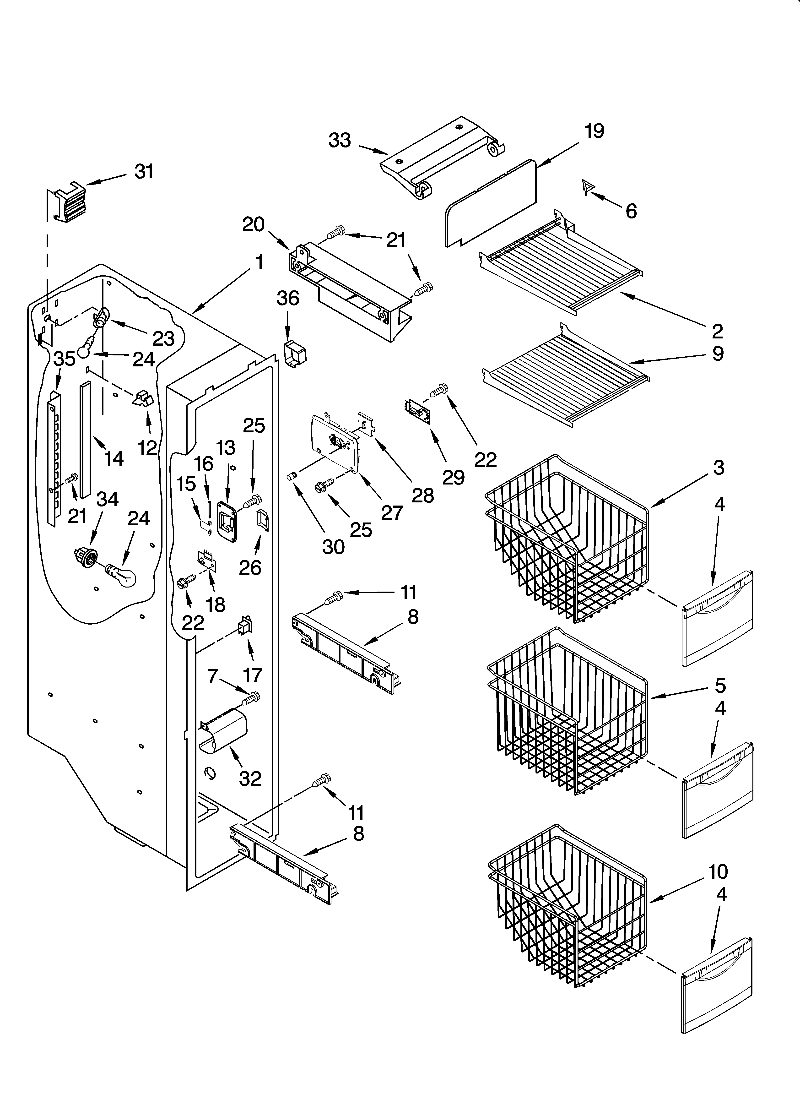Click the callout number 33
(x=340, y=140)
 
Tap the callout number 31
(x=144, y=172)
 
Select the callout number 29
(x=453, y=478)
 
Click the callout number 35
(x=64, y=359)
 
